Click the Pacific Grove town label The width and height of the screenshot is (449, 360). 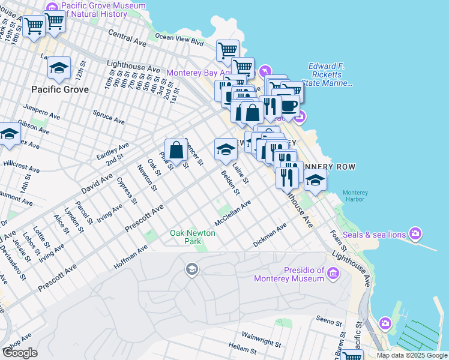[60, 89]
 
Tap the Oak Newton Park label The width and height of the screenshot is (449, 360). [184, 237]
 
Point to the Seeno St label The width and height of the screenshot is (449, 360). [329, 322]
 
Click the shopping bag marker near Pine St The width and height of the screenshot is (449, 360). [177, 150]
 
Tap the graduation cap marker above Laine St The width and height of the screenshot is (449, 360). [226, 149]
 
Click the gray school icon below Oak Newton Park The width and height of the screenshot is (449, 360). [192, 268]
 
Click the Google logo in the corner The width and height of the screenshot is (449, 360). [20, 353]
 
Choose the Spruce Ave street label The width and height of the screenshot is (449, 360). [109, 116]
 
